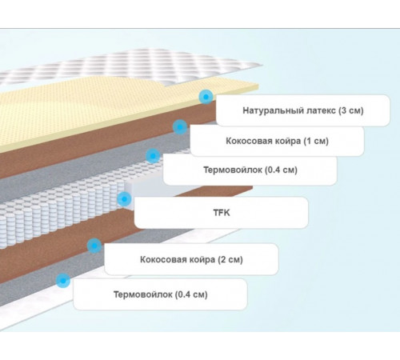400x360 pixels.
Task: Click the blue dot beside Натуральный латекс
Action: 206,97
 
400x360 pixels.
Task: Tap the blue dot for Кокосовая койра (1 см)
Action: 180,127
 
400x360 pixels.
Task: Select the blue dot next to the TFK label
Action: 124,199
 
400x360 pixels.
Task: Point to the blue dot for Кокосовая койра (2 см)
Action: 94,246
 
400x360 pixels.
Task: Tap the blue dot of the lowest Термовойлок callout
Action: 63,281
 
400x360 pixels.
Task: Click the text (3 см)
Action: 351,110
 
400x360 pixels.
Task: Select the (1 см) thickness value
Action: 316,141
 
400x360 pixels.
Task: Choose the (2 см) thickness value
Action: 230,259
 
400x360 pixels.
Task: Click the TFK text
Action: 222,213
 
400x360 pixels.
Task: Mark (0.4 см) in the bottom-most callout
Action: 191,294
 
